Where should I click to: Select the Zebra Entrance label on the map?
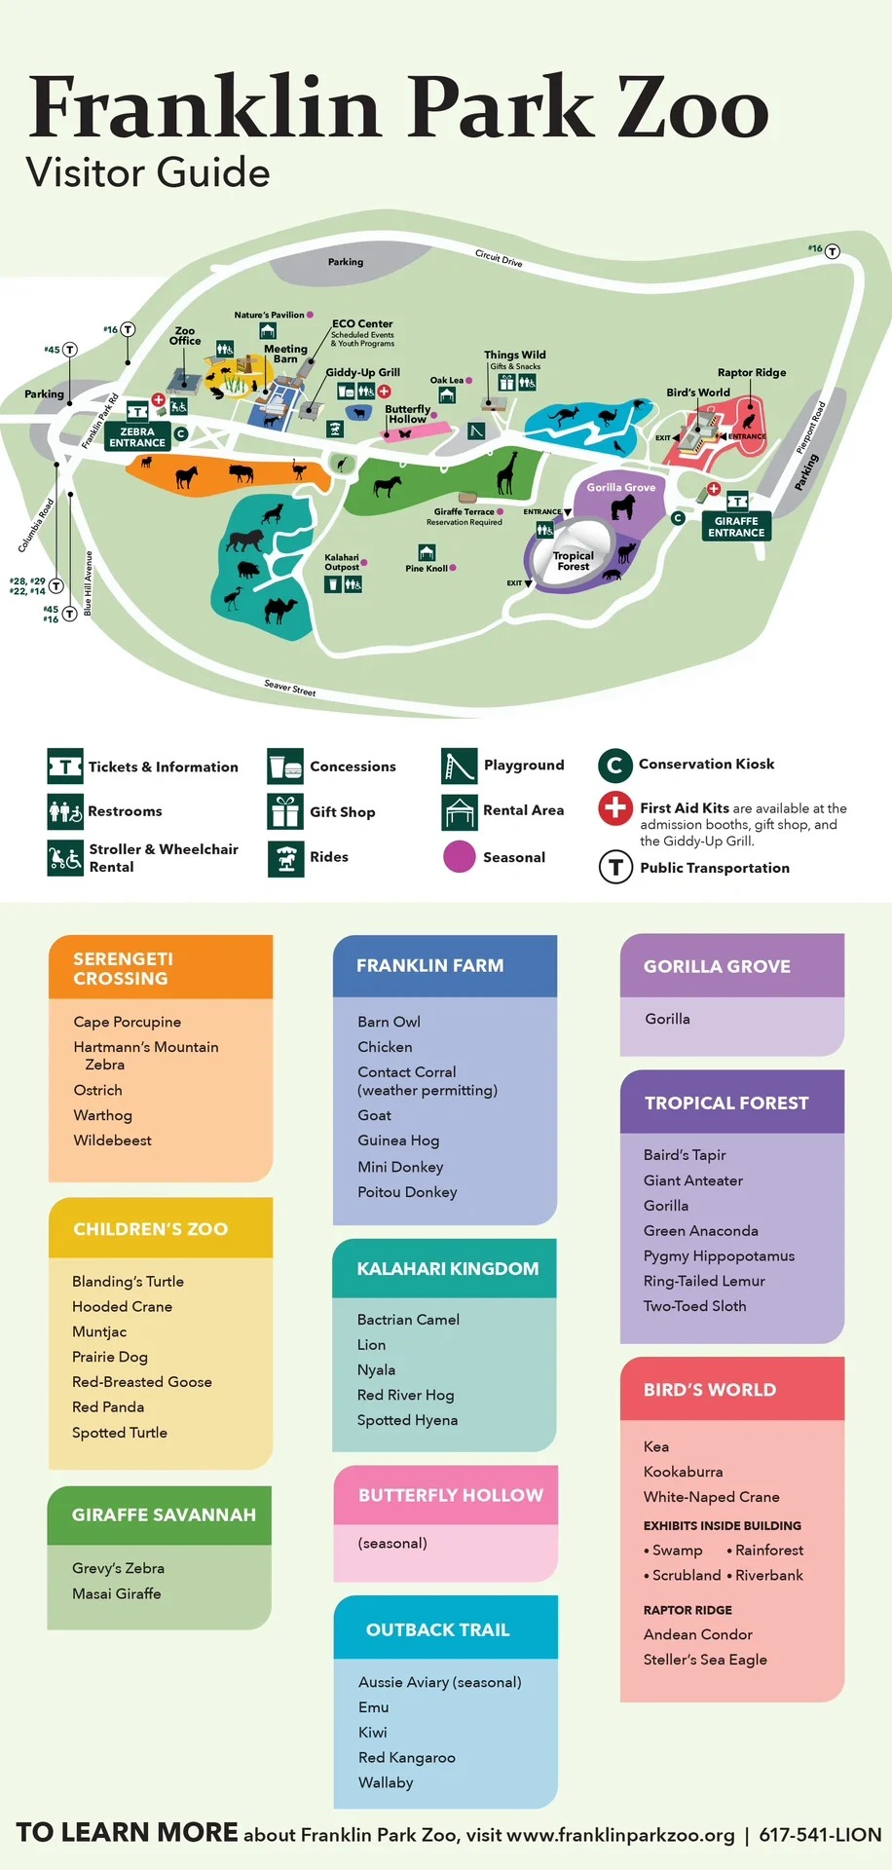click(x=137, y=437)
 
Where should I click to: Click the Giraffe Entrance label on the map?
click(x=736, y=527)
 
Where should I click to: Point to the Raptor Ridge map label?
click(x=752, y=372)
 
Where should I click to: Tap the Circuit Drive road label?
click(x=499, y=258)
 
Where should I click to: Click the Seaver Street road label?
click(x=290, y=688)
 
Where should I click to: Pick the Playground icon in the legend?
click(x=459, y=766)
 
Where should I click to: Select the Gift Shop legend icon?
click(x=285, y=811)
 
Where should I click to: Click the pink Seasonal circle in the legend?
click(x=459, y=857)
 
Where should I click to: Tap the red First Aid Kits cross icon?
click(x=615, y=808)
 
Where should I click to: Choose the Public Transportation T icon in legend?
click(x=615, y=867)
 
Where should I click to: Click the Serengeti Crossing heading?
click(x=123, y=968)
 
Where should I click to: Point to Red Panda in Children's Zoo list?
click(x=108, y=1406)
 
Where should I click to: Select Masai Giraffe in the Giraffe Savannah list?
click(x=117, y=1593)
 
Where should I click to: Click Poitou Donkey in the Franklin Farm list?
click(x=407, y=1192)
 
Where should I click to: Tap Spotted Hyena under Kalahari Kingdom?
click(x=407, y=1420)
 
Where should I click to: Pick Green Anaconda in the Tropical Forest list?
click(x=700, y=1230)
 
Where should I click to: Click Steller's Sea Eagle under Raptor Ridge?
click(x=705, y=1660)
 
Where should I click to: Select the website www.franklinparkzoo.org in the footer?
click(x=620, y=1835)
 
